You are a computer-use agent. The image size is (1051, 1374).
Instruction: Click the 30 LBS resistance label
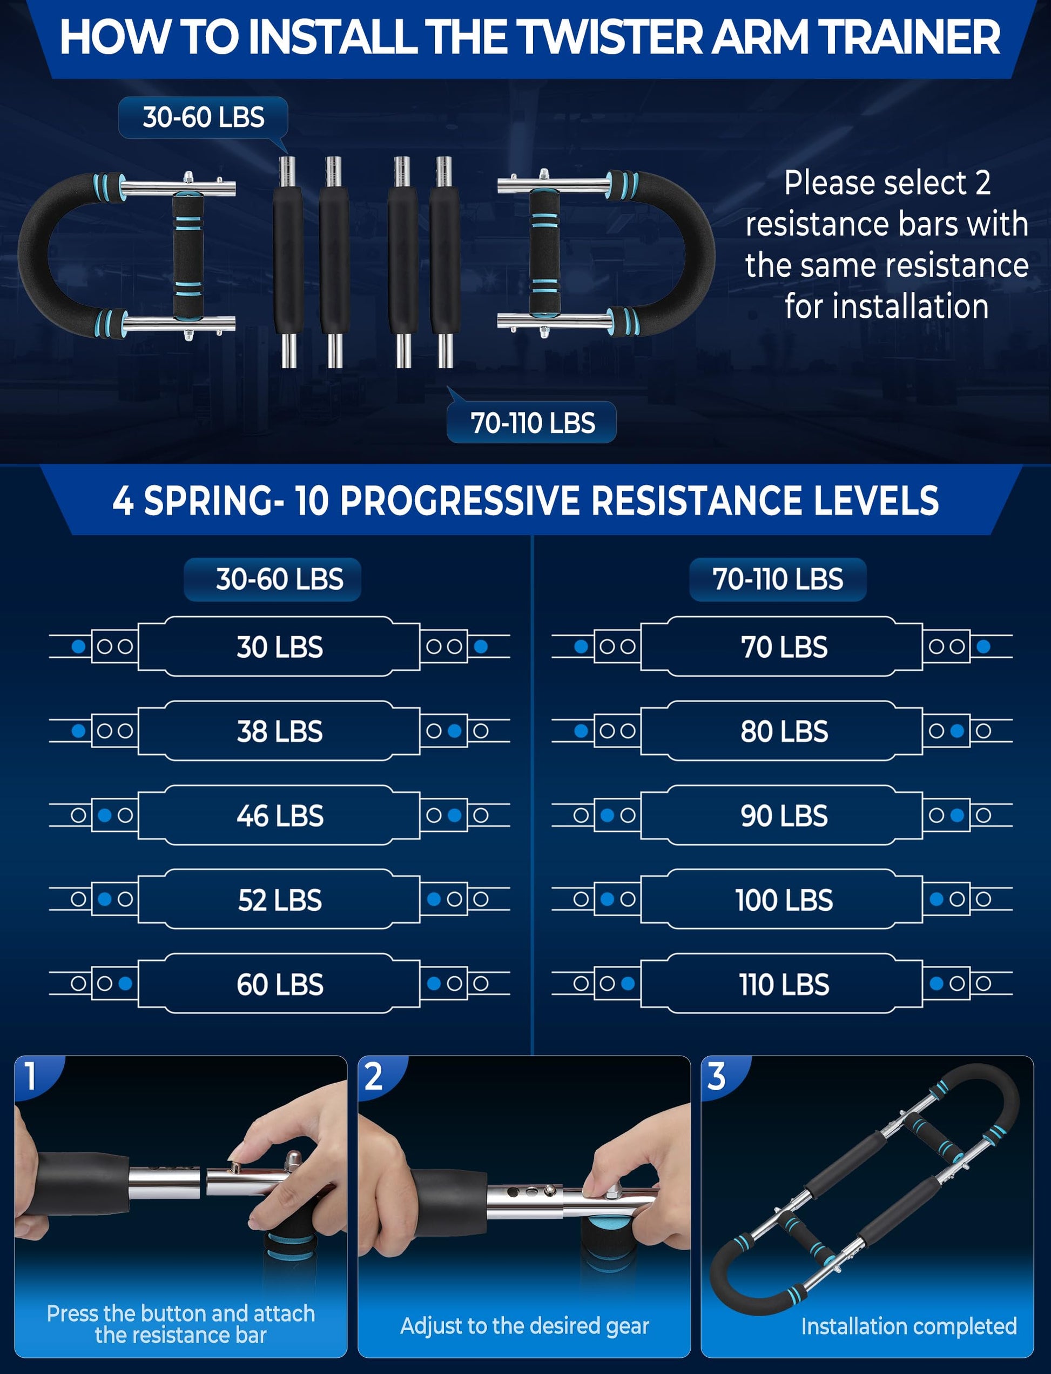click(280, 646)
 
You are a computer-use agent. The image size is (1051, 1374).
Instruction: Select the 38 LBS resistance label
click(280, 731)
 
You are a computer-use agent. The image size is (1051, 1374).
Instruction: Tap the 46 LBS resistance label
click(280, 816)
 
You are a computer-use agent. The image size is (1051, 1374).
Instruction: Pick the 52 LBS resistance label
click(280, 900)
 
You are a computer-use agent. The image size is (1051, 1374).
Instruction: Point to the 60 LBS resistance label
click(280, 985)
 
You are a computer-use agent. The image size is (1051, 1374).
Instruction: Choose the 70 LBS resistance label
click(784, 646)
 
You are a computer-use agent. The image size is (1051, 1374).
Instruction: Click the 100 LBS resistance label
click(784, 900)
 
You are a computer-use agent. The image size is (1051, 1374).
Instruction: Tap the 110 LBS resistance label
click(784, 985)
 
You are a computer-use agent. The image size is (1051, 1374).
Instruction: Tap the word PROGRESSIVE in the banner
click(460, 501)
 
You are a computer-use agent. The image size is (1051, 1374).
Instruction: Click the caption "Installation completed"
click(908, 1326)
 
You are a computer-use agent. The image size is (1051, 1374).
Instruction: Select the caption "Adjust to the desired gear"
click(524, 1326)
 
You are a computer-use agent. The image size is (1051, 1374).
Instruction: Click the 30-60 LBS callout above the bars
click(203, 118)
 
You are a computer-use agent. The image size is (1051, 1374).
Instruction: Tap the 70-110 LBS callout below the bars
click(532, 423)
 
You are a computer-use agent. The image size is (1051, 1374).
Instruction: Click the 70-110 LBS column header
click(778, 579)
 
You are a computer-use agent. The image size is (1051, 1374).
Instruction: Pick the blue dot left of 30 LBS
click(79, 646)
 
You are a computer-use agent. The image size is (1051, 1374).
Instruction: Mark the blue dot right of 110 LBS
click(937, 983)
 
